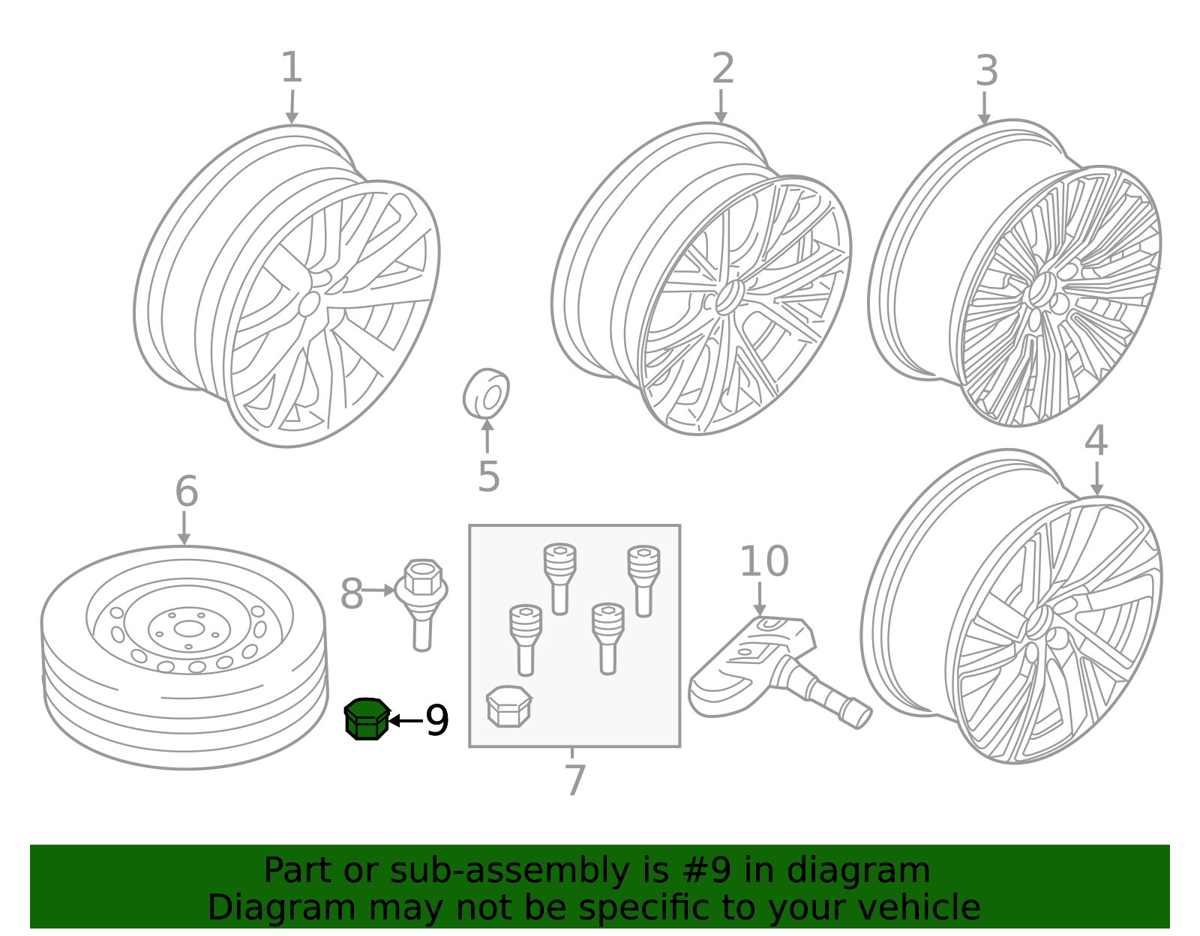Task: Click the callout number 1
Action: tap(292, 67)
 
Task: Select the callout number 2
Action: tap(723, 68)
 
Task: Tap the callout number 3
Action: tap(987, 71)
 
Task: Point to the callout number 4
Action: tap(1096, 441)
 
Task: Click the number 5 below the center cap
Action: tap(489, 477)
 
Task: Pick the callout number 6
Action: tap(187, 492)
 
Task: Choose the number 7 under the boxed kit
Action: tap(575, 780)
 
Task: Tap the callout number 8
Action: tap(352, 594)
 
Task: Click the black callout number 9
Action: tap(437, 720)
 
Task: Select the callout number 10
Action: tap(764, 561)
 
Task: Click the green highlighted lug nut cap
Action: tap(367, 719)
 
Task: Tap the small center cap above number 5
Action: tap(486, 394)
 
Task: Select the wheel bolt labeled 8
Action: tap(421, 605)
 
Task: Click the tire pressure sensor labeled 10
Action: tap(773, 670)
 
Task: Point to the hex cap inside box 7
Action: tap(509, 707)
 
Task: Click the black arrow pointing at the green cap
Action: tap(406, 720)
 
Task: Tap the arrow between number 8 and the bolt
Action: tap(379, 591)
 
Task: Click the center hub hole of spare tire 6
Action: tap(190, 629)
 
